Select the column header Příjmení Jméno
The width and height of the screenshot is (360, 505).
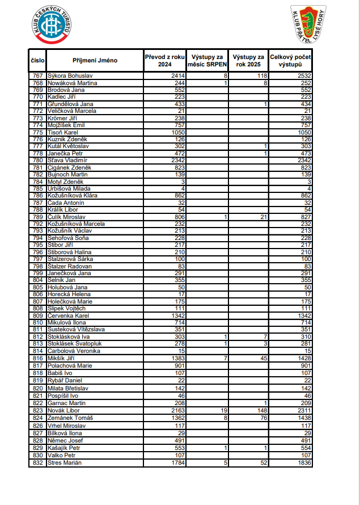point(95,61)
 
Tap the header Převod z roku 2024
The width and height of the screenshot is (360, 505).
point(165,61)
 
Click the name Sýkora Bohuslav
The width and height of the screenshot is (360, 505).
point(70,76)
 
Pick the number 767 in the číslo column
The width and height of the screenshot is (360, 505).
point(38,76)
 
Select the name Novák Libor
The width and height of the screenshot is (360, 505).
point(63,410)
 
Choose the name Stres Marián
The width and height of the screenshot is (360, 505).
point(65,462)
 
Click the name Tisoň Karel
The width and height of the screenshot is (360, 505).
point(63,132)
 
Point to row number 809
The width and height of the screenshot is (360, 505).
point(38,315)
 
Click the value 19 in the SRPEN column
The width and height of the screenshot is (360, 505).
point(223,410)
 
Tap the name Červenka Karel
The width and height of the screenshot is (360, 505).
point(68,315)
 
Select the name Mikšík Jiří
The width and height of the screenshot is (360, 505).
point(62,359)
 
